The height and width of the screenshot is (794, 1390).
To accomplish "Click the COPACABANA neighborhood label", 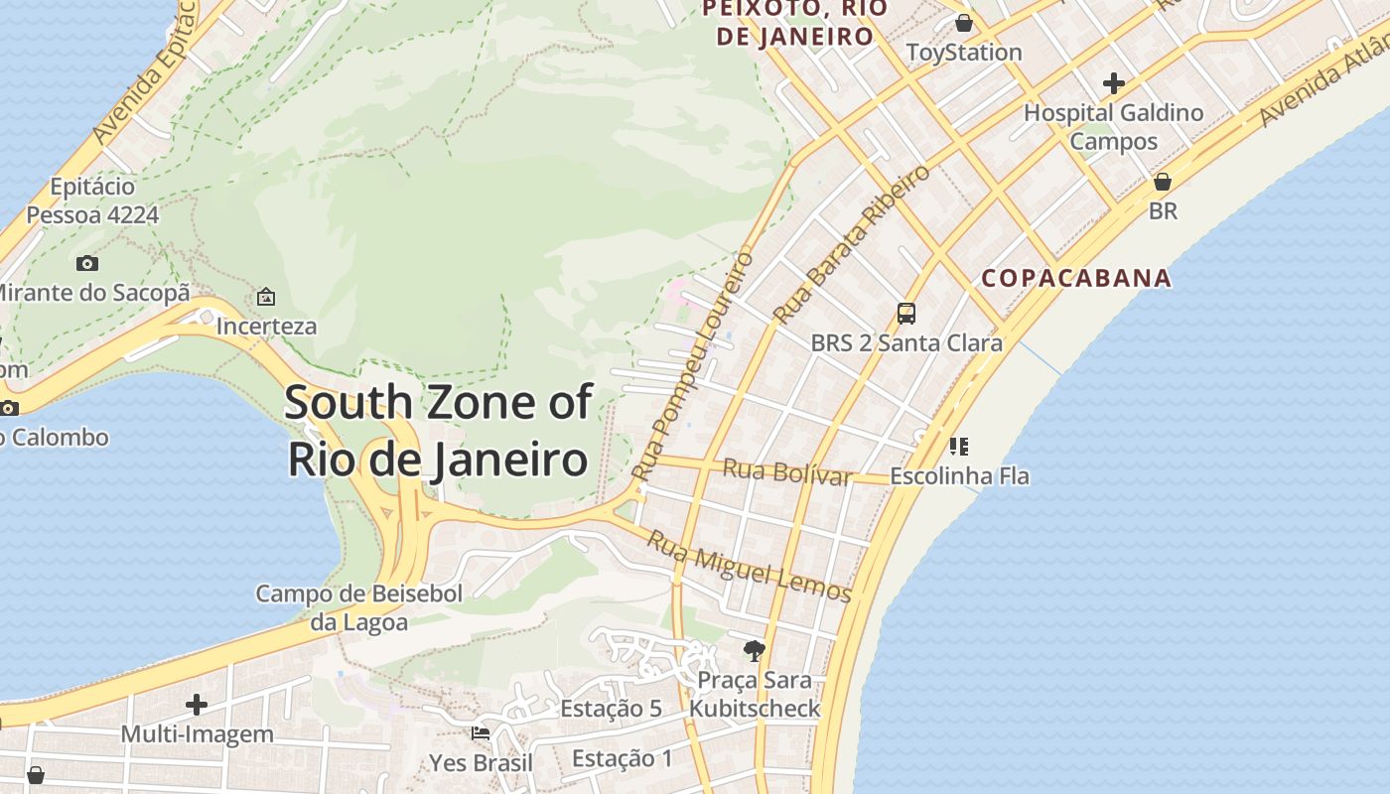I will [x=1076, y=278].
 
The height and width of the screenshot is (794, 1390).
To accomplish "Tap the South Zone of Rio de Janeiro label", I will [x=438, y=432].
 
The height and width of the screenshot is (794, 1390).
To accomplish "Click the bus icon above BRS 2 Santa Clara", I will [x=905, y=314].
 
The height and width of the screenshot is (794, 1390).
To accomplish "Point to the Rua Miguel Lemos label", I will [x=750, y=567].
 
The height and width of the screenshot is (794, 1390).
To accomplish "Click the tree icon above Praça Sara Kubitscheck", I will [x=754, y=651].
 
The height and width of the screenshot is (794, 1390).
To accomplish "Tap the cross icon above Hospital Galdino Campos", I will [x=1114, y=83].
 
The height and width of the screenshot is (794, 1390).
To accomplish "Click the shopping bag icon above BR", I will [x=1163, y=183].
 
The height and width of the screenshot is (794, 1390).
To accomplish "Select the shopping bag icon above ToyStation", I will [x=963, y=23].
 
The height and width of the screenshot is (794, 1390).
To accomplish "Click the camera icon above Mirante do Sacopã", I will [x=87, y=263].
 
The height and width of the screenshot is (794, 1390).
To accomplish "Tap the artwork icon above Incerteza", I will [x=266, y=297].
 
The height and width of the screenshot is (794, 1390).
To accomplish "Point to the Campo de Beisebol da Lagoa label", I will [x=359, y=607].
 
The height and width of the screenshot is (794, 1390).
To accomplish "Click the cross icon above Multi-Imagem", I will [x=197, y=705].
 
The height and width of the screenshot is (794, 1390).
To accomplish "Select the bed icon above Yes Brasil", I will [x=481, y=733].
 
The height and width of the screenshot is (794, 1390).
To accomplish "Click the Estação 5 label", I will [x=611, y=709].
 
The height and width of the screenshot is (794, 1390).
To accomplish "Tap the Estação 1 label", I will [x=623, y=759].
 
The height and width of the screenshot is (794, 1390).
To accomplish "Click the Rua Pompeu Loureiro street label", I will [x=694, y=363].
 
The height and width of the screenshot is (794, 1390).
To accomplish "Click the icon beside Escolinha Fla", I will [x=958, y=447].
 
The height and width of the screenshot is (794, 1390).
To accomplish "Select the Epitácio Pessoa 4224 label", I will [x=92, y=200].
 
